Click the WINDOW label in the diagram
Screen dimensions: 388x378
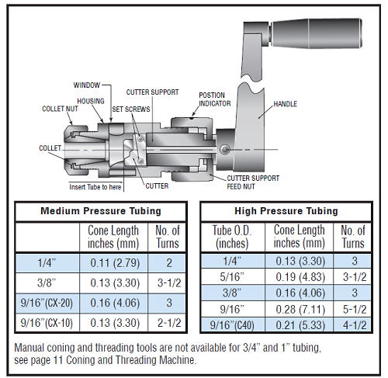tap(87, 85)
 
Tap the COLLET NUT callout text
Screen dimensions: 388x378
tap(60, 109)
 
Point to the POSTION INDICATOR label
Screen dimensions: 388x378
tap(215, 99)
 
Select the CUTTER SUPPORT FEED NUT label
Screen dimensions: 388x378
tap(253, 182)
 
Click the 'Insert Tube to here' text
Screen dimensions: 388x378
tap(95, 187)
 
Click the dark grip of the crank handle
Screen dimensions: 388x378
tap(316, 33)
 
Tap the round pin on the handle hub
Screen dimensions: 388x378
tap(224, 149)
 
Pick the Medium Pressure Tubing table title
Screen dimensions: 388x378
tap(101, 211)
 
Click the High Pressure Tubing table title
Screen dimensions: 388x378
tap(286, 211)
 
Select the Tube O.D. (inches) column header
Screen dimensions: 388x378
tap(232, 237)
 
